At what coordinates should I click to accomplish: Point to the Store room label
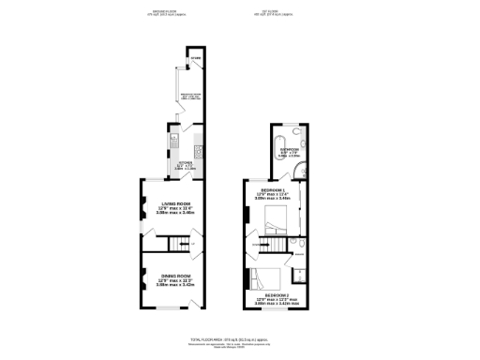point(194,59)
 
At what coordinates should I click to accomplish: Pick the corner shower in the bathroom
point(299,170)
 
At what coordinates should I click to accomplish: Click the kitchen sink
point(173,143)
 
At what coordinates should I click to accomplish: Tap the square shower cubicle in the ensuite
point(300,275)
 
